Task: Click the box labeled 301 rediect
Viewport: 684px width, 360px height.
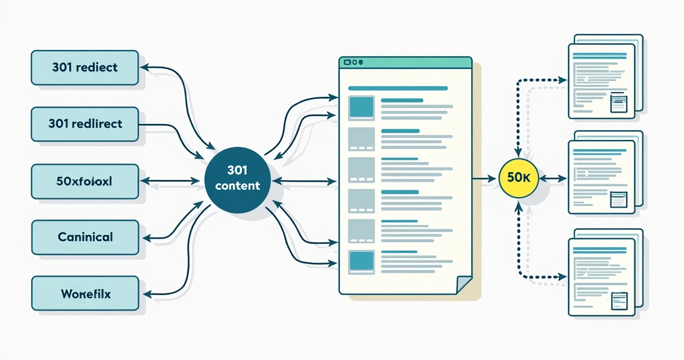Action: click(85, 68)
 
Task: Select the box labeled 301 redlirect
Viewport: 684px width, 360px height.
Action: click(85, 124)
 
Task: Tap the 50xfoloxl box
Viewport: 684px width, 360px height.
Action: click(85, 181)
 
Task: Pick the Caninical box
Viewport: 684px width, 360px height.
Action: click(85, 237)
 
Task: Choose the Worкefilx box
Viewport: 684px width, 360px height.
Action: click(85, 294)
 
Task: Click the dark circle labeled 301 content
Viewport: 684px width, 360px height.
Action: click(237, 180)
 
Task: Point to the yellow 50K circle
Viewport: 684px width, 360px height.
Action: click(519, 178)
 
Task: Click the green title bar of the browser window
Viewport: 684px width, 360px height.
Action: click(406, 62)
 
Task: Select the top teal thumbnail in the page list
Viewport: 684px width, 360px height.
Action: click(362, 108)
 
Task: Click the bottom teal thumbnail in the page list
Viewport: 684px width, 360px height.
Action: click(362, 262)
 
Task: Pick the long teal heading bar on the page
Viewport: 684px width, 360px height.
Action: click(398, 88)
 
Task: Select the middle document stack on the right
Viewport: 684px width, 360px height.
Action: click(606, 172)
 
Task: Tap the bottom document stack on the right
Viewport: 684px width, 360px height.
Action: click(606, 272)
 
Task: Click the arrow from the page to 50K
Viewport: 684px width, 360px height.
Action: click(484, 179)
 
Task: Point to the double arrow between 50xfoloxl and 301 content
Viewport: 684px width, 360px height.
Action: click(170, 181)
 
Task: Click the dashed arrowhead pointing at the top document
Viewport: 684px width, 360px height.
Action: click(562, 80)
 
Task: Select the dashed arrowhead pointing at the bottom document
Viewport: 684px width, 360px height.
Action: click(562, 277)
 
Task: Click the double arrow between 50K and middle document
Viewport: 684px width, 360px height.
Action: click(553, 179)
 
